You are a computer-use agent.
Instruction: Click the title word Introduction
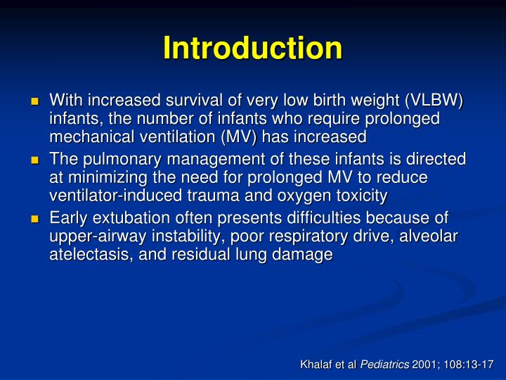(252, 48)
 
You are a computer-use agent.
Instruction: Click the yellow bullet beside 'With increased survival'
(33, 101)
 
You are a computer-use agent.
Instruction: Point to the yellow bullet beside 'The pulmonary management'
(33, 160)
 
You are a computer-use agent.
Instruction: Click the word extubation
(124, 219)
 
